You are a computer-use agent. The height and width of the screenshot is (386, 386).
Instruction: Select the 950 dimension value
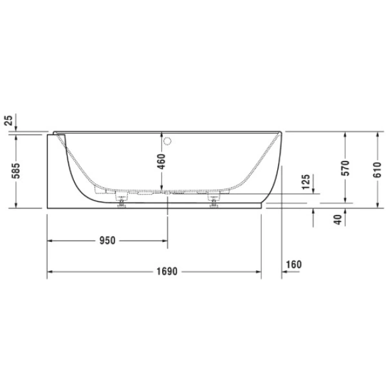click(x=107, y=241)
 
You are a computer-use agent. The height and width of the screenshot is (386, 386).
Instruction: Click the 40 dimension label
click(x=337, y=220)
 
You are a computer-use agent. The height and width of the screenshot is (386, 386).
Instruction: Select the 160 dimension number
click(x=293, y=264)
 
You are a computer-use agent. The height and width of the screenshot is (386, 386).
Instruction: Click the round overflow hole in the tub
click(x=168, y=140)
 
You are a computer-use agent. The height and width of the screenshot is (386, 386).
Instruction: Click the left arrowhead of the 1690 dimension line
click(x=51, y=271)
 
